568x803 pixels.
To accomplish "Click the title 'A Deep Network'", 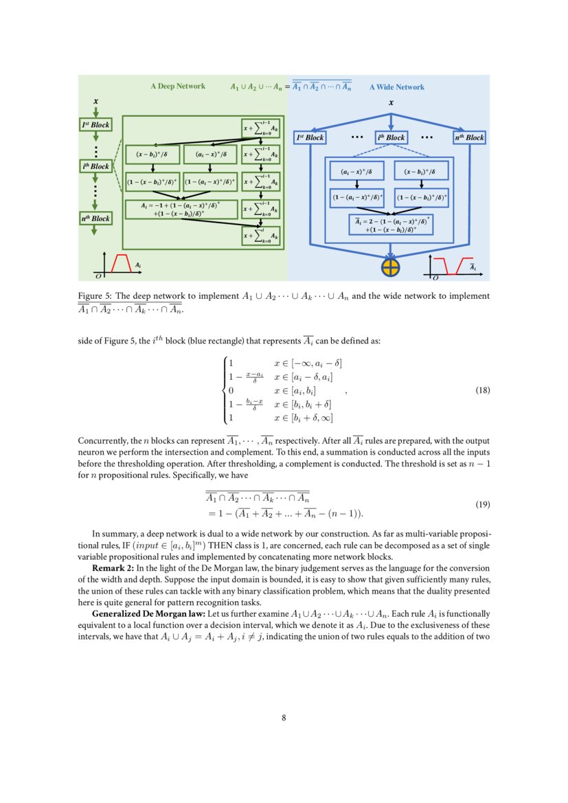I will tap(178, 87).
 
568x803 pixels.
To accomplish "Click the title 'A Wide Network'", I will tap(397, 87).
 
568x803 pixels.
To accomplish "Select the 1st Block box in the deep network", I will tap(95, 125).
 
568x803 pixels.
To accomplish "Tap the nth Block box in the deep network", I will tap(95, 218).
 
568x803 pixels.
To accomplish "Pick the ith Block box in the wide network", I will tap(391, 137).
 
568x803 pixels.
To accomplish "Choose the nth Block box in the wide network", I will tap(469, 137).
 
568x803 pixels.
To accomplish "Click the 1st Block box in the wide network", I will tap(310, 137).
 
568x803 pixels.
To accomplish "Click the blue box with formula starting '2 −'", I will tap(391, 225).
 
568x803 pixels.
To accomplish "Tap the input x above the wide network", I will tap(391, 103).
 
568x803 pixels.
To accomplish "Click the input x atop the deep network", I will tap(95, 102).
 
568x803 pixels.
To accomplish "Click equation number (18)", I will tap(483, 390).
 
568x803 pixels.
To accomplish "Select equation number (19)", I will tap(483, 504).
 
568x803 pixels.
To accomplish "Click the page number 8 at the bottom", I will tap(284, 718).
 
